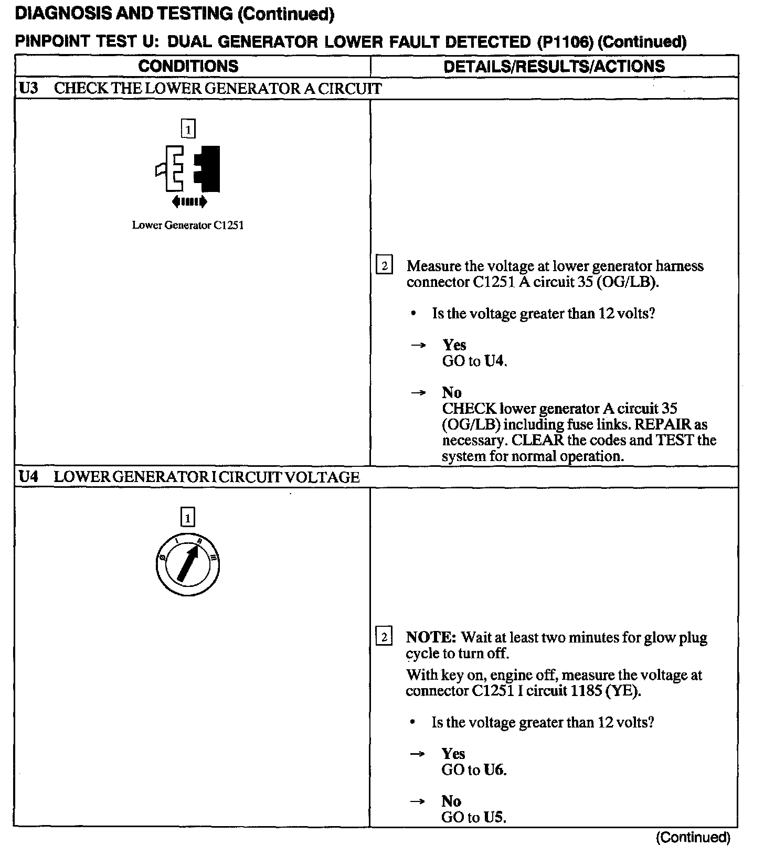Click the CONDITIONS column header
[188, 66]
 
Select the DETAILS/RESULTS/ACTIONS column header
[554, 66]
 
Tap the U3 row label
[29, 88]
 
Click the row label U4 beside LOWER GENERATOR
[29, 477]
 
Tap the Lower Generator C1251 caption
[188, 226]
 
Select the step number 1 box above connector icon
[188, 129]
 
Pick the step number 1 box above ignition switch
[188, 518]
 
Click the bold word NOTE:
[431, 638]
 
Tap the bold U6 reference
[495, 770]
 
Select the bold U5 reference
[495, 817]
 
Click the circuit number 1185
[583, 691]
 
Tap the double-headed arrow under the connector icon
[189, 201]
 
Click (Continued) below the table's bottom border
[693, 837]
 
